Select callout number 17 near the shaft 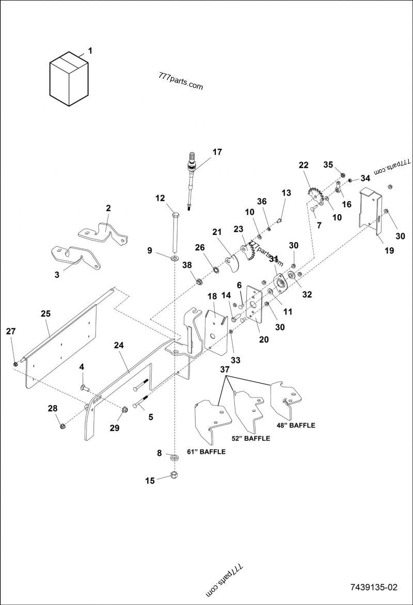click(x=217, y=152)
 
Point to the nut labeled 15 click(x=174, y=475)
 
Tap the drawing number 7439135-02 click(x=374, y=587)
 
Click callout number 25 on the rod click(x=45, y=314)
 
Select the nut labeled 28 click(x=62, y=426)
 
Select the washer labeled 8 click(x=174, y=457)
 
